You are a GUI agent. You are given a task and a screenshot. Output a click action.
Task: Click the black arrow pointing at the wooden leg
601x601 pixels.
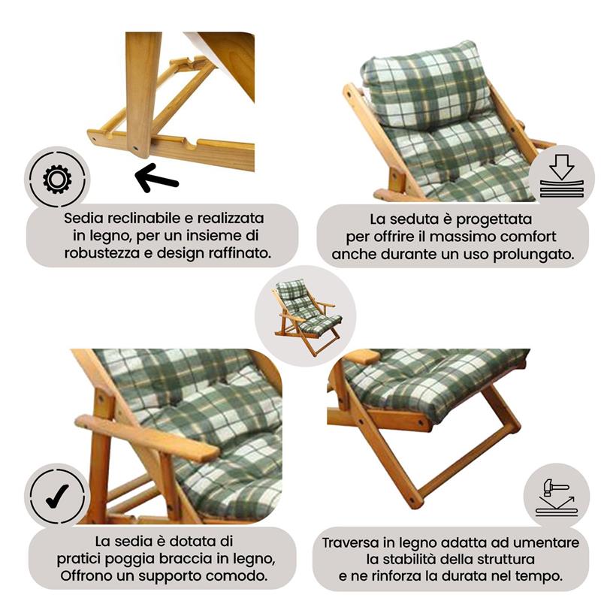tap(156, 178)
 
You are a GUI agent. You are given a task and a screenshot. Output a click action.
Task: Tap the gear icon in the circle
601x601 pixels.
tap(57, 180)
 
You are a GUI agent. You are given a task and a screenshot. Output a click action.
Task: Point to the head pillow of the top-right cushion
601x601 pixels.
tap(424, 83)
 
